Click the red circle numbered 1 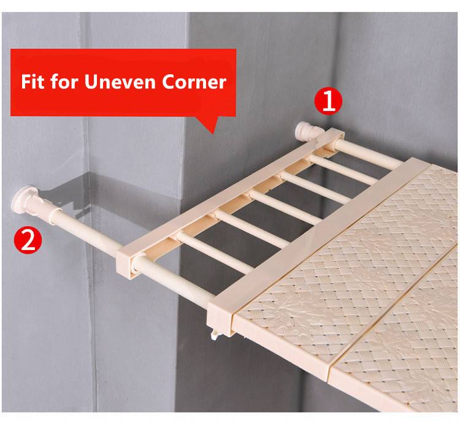[x=328, y=101]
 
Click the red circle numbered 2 [x=28, y=240]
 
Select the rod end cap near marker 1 [x=305, y=132]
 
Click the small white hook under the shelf [x=215, y=333]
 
